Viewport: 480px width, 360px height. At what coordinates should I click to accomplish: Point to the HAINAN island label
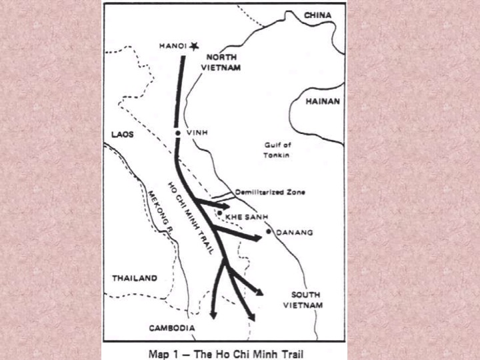coord(322,102)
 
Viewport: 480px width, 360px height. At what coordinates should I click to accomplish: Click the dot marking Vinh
coord(177,133)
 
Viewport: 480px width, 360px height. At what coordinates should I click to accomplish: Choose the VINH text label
coord(197,133)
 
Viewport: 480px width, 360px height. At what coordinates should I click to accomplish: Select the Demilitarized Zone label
coord(270,192)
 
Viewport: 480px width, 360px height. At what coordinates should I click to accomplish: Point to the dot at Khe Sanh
coord(219,213)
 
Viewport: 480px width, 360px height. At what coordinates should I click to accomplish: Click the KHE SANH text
coord(242,217)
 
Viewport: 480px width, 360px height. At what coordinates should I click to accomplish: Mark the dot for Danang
coord(269,231)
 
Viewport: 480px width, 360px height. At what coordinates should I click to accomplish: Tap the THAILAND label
coord(135,278)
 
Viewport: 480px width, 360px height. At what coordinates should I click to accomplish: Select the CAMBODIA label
coord(173,328)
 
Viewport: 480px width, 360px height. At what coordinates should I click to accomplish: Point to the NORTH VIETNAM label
coord(221,63)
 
